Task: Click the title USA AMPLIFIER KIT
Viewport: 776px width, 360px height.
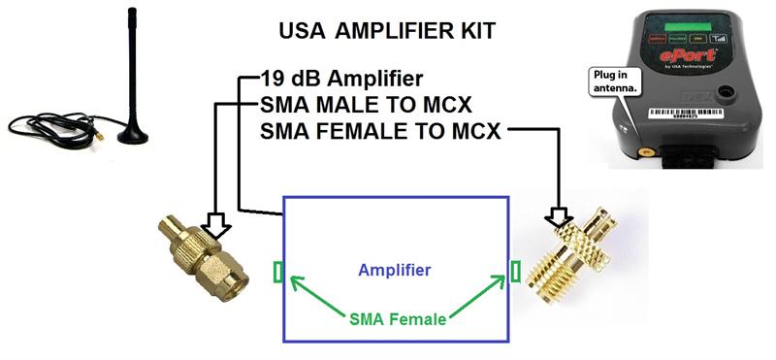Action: [x=387, y=30]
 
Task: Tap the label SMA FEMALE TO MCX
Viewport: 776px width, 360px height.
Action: [x=380, y=130]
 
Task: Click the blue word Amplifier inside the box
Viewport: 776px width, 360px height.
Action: [x=394, y=269]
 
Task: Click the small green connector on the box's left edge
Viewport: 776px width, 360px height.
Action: [x=279, y=271]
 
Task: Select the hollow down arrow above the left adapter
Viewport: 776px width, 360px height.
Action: [x=217, y=224]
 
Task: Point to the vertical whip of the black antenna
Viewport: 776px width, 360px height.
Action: [x=131, y=58]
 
